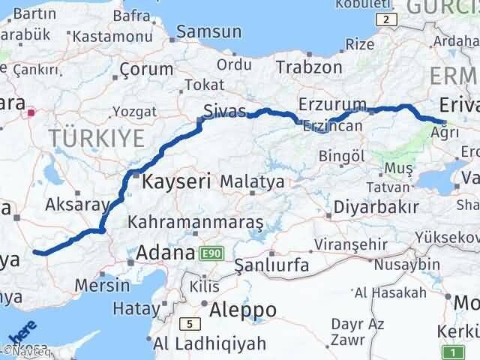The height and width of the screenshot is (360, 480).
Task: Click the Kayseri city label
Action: [x=176, y=181]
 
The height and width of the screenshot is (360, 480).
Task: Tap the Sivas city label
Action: [x=226, y=112]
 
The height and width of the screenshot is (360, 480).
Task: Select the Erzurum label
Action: [x=331, y=103]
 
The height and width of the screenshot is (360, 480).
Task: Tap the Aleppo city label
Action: [x=243, y=309]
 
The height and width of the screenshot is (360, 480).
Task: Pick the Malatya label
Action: [x=252, y=182]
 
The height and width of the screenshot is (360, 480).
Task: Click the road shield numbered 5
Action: [x=190, y=324]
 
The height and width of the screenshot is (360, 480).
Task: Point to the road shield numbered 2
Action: [x=385, y=19]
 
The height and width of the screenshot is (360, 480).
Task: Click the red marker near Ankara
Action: [x=31, y=114]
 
